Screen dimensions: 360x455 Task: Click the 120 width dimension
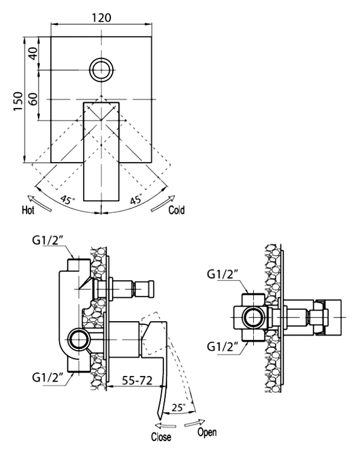(x=101, y=17)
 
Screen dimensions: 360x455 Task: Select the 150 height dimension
(x=18, y=101)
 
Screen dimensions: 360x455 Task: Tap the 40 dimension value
(x=34, y=54)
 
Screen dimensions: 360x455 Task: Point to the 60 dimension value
(x=34, y=99)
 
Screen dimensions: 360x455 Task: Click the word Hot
(x=28, y=210)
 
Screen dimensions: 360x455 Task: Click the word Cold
(x=177, y=210)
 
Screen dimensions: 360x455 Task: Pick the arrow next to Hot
(x=40, y=203)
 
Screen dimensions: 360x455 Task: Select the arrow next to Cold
(x=163, y=203)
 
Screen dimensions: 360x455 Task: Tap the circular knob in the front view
(x=101, y=70)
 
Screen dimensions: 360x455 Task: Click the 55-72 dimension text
(x=137, y=380)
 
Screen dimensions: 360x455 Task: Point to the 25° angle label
(x=178, y=407)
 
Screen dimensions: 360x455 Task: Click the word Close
(x=161, y=437)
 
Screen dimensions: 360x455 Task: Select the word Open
(x=207, y=432)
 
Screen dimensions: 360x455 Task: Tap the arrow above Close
(x=165, y=426)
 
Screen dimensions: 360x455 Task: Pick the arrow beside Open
(x=195, y=423)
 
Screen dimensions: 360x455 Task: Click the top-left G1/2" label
(x=48, y=240)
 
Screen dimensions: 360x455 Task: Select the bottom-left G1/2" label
(x=48, y=378)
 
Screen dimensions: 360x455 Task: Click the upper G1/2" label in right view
(x=223, y=274)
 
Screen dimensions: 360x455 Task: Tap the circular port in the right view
(x=254, y=317)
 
